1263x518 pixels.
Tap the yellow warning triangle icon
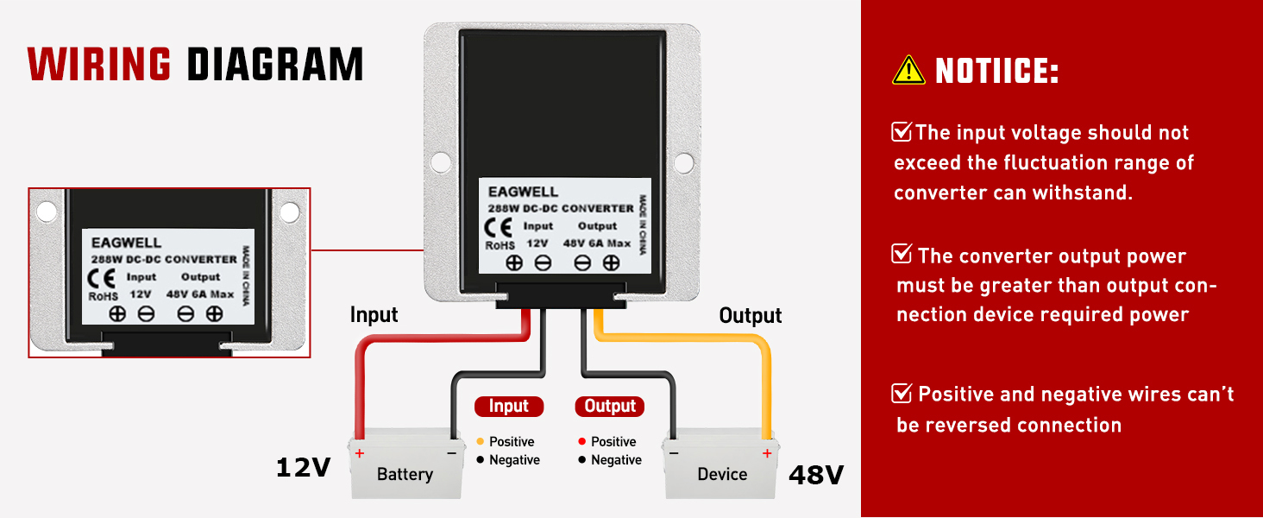pyautogui.click(x=908, y=70)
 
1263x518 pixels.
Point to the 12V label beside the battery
pyautogui.click(x=303, y=468)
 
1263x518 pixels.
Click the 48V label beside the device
pyautogui.click(x=815, y=474)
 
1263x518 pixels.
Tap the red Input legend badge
pyautogui.click(x=509, y=406)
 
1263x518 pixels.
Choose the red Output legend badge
pyautogui.click(x=610, y=406)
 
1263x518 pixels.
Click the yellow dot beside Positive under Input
pyautogui.click(x=480, y=441)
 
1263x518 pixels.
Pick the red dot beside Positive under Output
pyautogui.click(x=582, y=441)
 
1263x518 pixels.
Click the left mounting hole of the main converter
pyautogui.click(x=440, y=161)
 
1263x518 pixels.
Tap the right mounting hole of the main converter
pyautogui.click(x=683, y=161)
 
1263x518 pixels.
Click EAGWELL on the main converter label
pyautogui.click(x=523, y=192)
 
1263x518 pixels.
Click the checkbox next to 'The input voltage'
pyautogui.click(x=902, y=132)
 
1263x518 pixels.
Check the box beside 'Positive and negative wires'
pyautogui.click(x=902, y=394)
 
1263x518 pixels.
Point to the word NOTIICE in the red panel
pyautogui.click(x=996, y=72)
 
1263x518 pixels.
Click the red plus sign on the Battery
pyautogui.click(x=360, y=453)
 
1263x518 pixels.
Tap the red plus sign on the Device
pyautogui.click(x=766, y=453)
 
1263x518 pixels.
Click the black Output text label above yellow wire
pyautogui.click(x=751, y=316)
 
